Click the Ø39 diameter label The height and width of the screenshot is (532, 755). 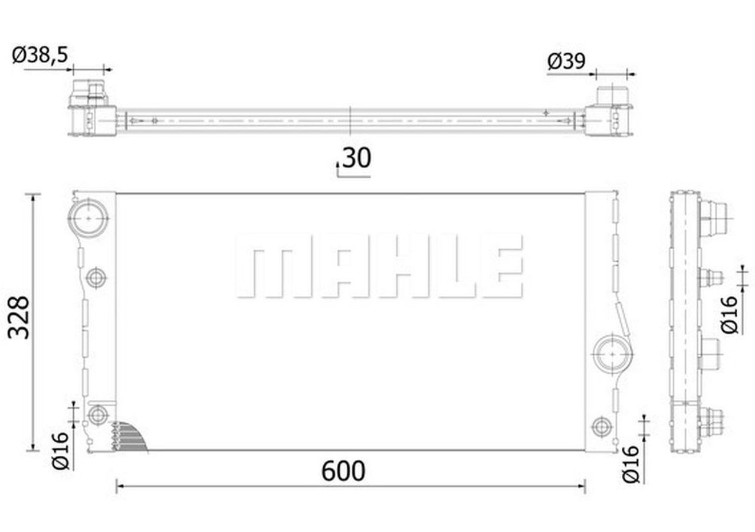click(x=566, y=61)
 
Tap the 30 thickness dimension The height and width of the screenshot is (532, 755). click(x=357, y=158)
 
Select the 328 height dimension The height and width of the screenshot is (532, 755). click(x=19, y=317)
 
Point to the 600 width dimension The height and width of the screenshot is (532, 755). click(x=344, y=471)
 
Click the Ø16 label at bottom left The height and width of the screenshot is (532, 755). click(x=61, y=451)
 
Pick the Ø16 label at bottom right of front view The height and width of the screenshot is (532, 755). click(x=632, y=464)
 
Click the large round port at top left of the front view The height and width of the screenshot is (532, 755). click(x=88, y=218)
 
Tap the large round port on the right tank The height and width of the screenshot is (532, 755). click(x=612, y=354)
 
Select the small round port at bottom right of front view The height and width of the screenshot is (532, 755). click(x=601, y=426)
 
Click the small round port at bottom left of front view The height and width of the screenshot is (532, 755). click(x=98, y=415)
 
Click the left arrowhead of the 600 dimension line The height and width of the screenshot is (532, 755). click(x=119, y=487)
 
